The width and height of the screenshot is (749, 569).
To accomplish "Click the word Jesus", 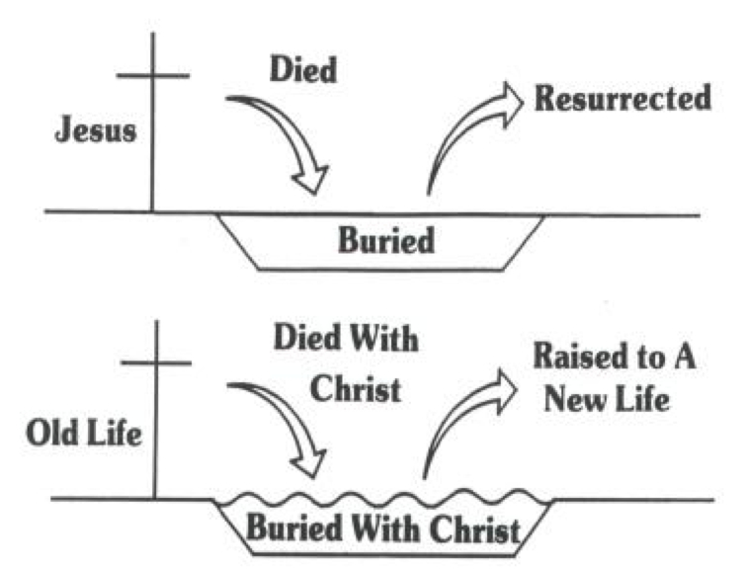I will [x=95, y=131].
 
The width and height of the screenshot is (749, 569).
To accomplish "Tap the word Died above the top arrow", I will [x=302, y=70].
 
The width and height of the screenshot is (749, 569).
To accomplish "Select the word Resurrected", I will [x=623, y=99].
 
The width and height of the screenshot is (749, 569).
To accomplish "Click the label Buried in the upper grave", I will [x=386, y=240].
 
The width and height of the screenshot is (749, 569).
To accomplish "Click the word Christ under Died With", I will [x=356, y=388].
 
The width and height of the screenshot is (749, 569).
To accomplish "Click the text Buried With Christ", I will [x=382, y=528].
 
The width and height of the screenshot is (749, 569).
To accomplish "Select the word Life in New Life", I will [x=643, y=400].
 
